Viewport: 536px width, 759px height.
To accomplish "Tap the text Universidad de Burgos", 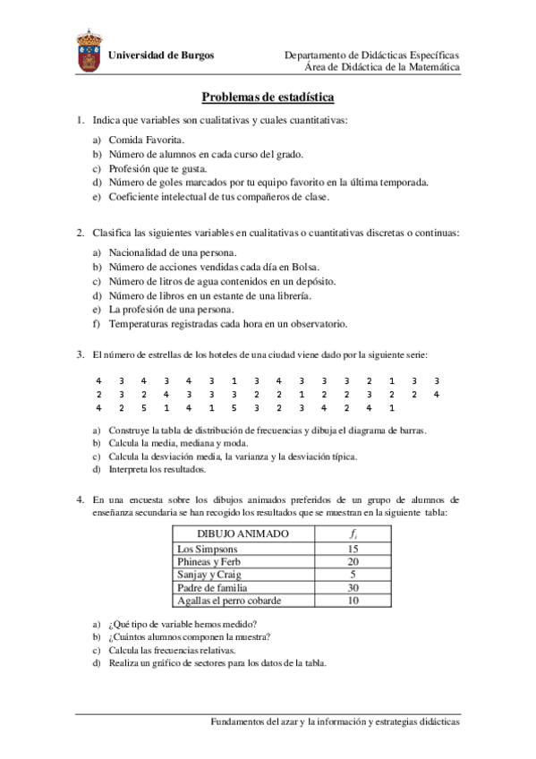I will tap(161, 55).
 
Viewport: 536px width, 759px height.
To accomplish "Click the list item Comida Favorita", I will tap(147, 141).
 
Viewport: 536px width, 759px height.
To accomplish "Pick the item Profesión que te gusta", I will tap(157, 168).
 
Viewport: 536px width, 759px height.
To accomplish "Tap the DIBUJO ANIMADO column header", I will tap(242, 533).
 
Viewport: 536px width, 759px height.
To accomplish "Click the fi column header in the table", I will tap(352, 533).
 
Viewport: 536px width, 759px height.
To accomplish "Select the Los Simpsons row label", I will tap(208, 549).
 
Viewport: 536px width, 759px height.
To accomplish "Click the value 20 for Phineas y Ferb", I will tap(353, 561).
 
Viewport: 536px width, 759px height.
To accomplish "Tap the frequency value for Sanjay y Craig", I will tap(353, 575).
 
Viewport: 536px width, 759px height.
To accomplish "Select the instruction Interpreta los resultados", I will tap(157, 469).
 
